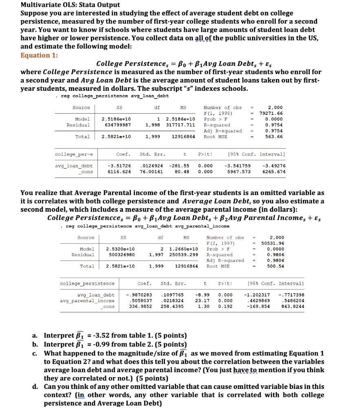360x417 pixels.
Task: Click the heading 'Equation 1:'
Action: click(x=39, y=55)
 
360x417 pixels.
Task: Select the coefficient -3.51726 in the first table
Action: click(x=119, y=166)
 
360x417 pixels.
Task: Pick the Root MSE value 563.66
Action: click(x=274, y=137)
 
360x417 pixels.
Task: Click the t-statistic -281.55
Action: click(x=179, y=166)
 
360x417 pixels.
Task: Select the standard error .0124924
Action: click(x=151, y=166)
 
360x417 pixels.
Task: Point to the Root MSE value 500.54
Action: click(x=276, y=266)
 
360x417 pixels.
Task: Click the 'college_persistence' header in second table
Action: click(x=87, y=283)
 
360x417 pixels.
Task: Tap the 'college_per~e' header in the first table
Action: click(x=74, y=154)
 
